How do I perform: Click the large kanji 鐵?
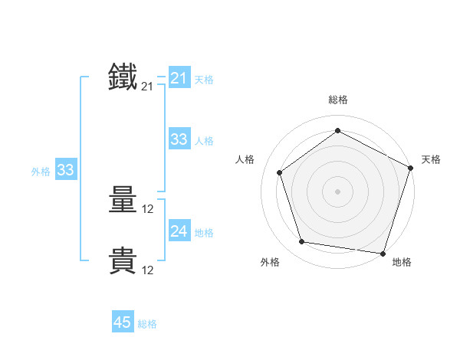click(x=123, y=77)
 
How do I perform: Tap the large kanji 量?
click(x=123, y=201)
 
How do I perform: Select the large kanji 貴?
click(x=123, y=261)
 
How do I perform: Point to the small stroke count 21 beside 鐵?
click(x=147, y=87)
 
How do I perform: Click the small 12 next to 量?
click(x=148, y=209)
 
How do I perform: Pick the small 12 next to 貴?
click(x=148, y=270)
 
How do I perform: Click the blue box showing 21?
click(x=179, y=78)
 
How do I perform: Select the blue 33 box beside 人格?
click(x=179, y=139)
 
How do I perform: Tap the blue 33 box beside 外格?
click(x=65, y=170)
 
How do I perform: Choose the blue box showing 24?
click(x=179, y=231)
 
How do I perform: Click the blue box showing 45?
click(x=123, y=322)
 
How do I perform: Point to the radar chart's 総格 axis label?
click(x=338, y=100)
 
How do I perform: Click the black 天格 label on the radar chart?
click(x=431, y=159)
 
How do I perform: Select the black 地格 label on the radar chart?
click(x=402, y=262)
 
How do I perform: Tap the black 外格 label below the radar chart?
click(x=270, y=262)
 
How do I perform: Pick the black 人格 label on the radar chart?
click(x=245, y=159)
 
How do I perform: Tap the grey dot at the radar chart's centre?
click(x=338, y=191)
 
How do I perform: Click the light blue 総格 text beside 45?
click(x=147, y=324)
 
